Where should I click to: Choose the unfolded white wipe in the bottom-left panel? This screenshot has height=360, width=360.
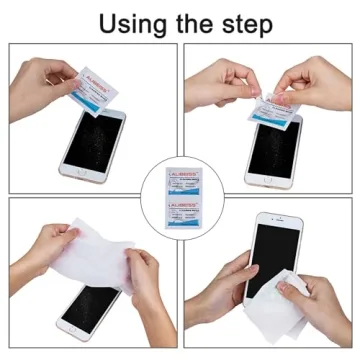pyautogui.click(x=95, y=255)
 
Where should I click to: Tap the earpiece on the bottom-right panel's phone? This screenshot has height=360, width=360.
pyautogui.click(x=271, y=220)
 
